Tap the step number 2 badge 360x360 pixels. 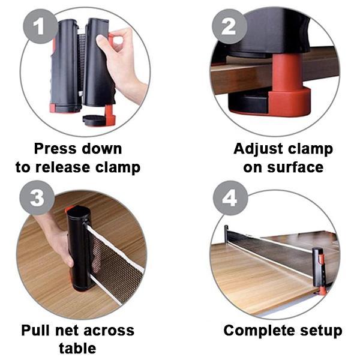pyautogui.click(x=229, y=27)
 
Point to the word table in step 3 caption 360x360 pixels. pyautogui.click(x=77, y=348)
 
